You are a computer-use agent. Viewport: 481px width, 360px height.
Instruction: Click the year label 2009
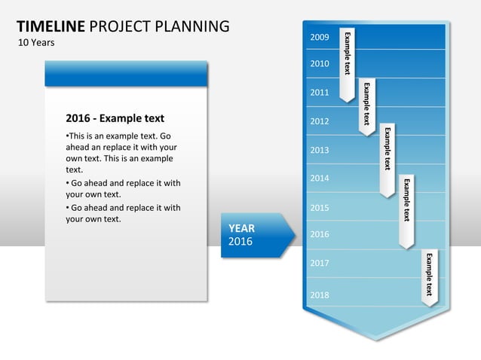[320, 37]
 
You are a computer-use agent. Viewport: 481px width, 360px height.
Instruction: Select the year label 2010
[320, 64]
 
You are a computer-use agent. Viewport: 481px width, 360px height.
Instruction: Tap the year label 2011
[320, 93]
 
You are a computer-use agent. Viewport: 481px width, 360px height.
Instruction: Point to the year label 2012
[320, 121]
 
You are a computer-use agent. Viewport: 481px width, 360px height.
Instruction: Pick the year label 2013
[320, 150]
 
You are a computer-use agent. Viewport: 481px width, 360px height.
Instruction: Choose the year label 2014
[320, 178]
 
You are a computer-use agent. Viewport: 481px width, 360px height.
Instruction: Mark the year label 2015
[320, 207]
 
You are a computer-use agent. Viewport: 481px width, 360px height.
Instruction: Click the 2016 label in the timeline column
[320, 234]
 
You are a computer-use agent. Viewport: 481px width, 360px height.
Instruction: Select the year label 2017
[320, 264]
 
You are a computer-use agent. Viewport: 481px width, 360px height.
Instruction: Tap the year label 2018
[320, 294]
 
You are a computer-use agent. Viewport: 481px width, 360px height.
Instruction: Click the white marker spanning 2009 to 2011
[348, 64]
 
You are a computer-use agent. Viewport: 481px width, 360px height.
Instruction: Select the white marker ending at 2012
[367, 105]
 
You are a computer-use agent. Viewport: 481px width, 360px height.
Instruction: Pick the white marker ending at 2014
[388, 158]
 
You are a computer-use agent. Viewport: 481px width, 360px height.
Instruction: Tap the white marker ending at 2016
[407, 211]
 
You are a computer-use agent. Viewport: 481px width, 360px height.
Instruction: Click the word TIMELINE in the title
[51, 27]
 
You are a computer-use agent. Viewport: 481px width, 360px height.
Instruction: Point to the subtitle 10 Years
[36, 42]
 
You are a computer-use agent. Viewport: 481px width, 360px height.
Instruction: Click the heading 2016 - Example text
[115, 118]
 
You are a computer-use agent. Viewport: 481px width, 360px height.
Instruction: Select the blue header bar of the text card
[126, 74]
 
